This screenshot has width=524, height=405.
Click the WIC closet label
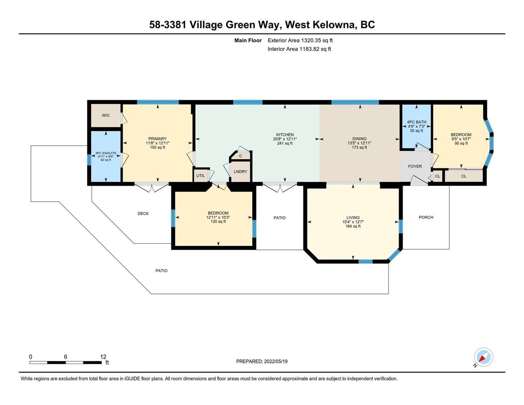pos(106,115)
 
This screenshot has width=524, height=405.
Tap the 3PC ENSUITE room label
pos(106,153)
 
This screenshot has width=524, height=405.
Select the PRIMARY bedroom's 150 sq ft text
pos(158,147)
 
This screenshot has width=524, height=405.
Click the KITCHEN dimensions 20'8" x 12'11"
pos(285,139)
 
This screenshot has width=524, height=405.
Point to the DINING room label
pos(359,139)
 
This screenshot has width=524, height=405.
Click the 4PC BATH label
pos(416,122)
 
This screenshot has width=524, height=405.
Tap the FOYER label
pos(415,166)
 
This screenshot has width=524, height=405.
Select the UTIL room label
pos(200,175)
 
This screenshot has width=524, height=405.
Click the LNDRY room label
pos(241,171)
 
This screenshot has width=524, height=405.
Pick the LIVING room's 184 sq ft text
pos(353,226)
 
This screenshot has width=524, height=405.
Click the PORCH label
pos(426,217)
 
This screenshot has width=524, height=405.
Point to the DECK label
pos(143,214)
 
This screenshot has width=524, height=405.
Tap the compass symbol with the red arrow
pos(483,357)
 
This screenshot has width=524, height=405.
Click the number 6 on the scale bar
pos(65,357)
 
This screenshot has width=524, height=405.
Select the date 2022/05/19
pos(276,361)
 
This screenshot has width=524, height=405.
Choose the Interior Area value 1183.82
pos(309,49)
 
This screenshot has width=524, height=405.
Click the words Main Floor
pos(248,40)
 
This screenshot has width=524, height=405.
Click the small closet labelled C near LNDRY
pos(241,156)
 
